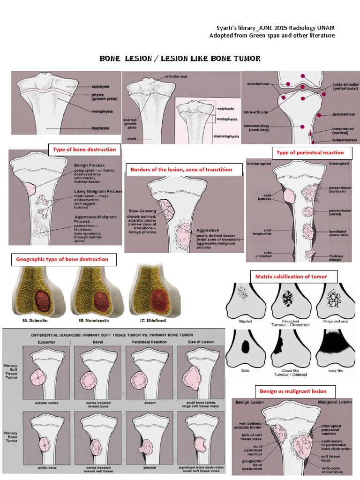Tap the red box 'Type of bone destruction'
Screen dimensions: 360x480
click(x=84, y=150)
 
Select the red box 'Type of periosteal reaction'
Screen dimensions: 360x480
click(x=310, y=152)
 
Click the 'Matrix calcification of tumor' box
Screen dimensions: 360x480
click(x=291, y=277)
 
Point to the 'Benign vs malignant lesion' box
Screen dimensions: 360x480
click(x=293, y=391)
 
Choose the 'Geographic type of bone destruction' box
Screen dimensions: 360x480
click(x=62, y=259)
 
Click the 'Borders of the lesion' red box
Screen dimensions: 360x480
click(x=183, y=170)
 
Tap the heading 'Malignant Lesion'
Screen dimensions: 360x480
click(x=335, y=402)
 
